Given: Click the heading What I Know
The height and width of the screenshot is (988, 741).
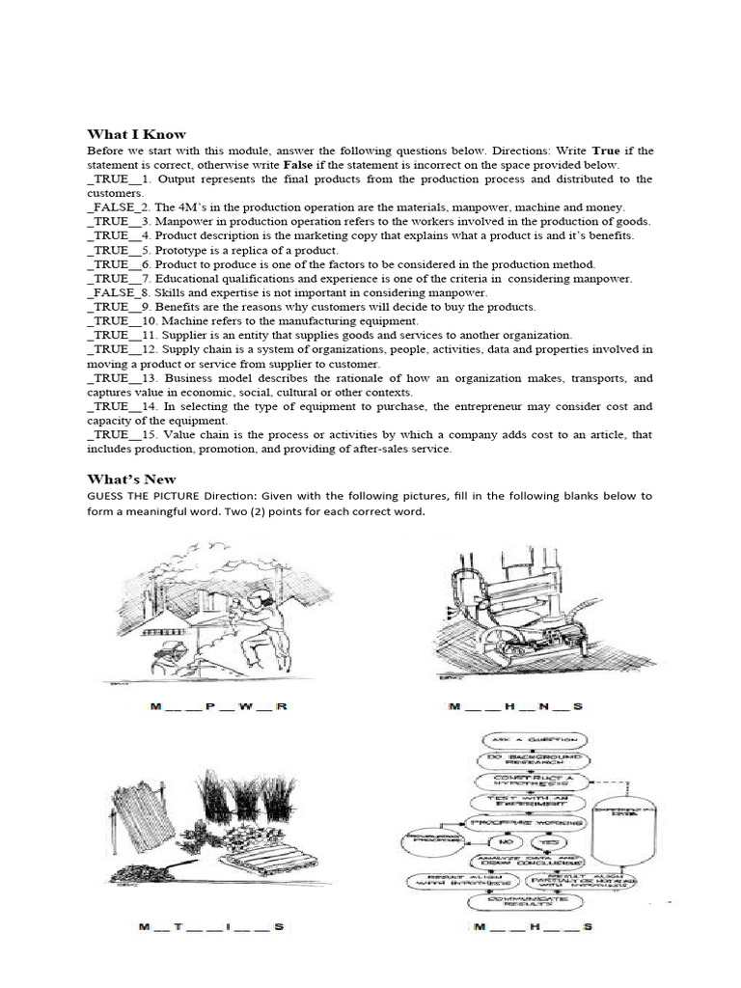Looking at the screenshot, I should point(136,134).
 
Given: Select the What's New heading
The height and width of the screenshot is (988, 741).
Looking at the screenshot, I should point(131,479).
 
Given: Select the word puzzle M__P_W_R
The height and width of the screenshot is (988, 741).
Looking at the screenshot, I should point(219,707).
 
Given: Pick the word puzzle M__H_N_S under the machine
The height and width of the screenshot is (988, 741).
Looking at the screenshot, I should point(516,707).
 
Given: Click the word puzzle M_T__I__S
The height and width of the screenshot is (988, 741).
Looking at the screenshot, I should point(210,927).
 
